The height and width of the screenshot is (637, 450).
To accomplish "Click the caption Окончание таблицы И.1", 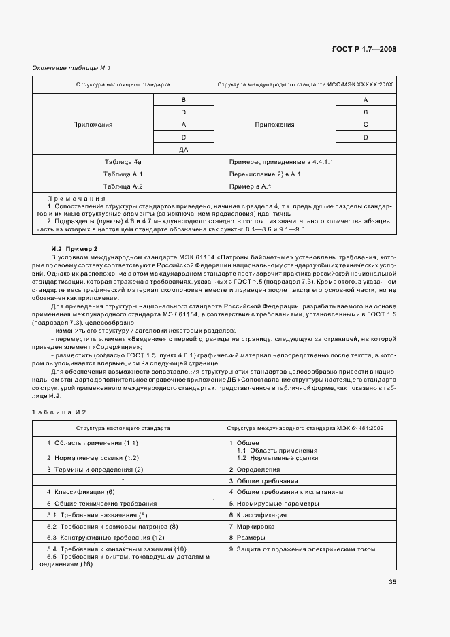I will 71,68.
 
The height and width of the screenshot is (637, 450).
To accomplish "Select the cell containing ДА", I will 183,149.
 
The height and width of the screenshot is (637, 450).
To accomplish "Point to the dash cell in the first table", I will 366,149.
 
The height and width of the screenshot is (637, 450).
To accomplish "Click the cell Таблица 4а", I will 123,162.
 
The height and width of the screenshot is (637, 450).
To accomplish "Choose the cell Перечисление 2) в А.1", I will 265,174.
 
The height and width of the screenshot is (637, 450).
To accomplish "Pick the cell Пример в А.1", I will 251,186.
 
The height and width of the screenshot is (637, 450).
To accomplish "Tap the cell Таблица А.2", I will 123,186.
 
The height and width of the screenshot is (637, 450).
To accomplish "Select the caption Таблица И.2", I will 59,412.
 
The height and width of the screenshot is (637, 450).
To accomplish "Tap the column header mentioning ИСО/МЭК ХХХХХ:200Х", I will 304,86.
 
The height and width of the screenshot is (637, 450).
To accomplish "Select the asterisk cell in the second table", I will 123,480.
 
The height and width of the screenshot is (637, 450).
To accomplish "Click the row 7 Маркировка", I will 253,526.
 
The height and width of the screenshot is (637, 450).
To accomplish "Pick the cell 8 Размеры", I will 246,537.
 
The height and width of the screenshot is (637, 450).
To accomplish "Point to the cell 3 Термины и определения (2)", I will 95,470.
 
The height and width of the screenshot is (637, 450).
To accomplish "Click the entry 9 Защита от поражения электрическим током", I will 303,549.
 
